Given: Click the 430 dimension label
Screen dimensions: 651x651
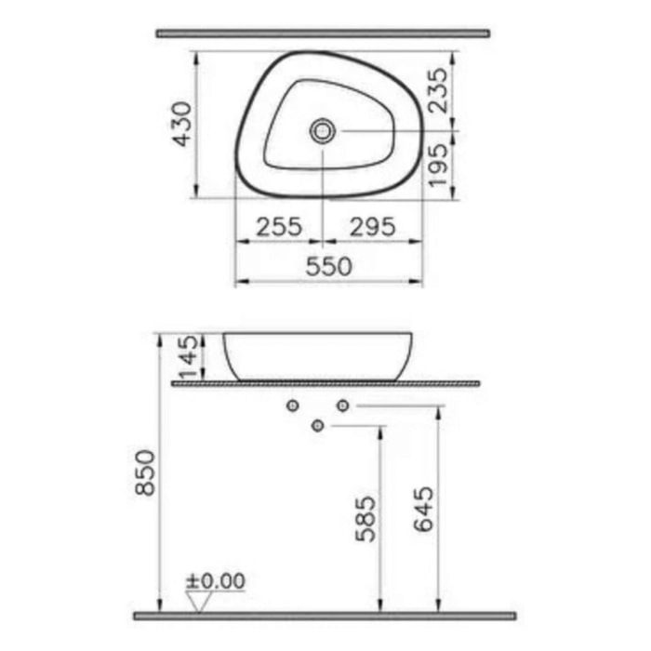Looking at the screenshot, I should coord(183,124).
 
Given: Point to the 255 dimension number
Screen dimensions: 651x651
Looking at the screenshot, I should coord(277,225).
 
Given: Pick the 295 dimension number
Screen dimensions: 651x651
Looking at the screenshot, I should coord(372,225).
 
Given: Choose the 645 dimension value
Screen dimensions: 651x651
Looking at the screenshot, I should coord(423,510).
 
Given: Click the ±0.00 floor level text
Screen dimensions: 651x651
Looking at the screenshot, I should coord(216,581).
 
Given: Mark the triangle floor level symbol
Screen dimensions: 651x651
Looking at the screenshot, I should coord(195,602).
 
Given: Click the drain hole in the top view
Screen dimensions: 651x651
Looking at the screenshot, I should coord(323,130).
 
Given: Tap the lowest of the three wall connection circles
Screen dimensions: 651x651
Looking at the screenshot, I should coord(318,426).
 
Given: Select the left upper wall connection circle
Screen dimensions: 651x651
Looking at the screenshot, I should coord(293,405).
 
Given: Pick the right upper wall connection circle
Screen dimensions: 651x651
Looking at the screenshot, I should coord(342,405).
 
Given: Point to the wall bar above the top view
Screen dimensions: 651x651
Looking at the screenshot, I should coord(322,33).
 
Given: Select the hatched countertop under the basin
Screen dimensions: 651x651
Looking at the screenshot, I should coord(325,382).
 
